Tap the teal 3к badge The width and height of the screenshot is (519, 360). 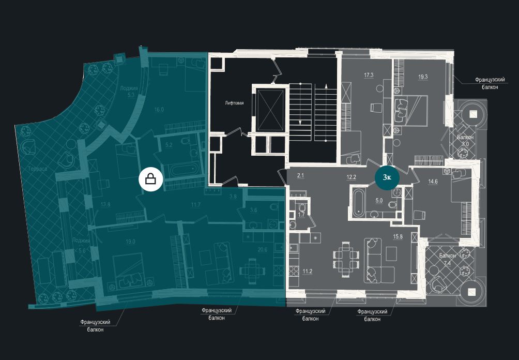(387, 177)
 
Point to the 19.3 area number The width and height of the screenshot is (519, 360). (423, 77)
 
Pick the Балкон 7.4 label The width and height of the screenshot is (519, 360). (448, 259)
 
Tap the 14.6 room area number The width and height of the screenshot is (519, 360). (433, 181)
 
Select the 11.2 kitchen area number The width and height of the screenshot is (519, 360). (307, 271)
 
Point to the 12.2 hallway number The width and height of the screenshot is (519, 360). (352, 177)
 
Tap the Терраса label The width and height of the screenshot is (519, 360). (39, 170)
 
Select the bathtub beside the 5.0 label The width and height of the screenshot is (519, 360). (358, 201)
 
